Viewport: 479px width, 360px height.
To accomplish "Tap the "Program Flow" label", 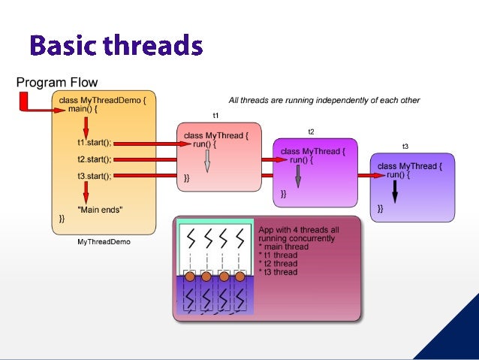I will pos(57,83).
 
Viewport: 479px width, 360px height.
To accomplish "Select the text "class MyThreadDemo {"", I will pos(103,98).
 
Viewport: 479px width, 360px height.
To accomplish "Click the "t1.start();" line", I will pos(94,142).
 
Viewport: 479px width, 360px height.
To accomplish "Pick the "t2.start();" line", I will pos(94,159).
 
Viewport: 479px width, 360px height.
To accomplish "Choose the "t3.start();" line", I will pos(94,177).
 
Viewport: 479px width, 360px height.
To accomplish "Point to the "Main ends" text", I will pos(100,209).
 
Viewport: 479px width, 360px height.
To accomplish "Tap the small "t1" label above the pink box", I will pos(215,115).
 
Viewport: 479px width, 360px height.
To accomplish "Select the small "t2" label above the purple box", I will pos(312,132).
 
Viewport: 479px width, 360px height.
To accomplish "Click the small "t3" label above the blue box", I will pos(405,147).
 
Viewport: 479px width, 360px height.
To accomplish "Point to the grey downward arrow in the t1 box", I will pos(207,161).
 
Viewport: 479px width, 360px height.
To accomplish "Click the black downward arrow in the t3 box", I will pos(395,193).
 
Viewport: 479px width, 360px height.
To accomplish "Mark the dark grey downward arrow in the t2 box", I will pos(298,177).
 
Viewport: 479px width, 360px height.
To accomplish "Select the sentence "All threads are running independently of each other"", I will pos(324,100).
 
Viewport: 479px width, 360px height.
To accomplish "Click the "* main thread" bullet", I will pos(283,247).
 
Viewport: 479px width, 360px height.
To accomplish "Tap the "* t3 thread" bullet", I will pos(278,272).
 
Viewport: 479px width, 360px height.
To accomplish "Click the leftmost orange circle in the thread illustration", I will pos(190,277).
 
